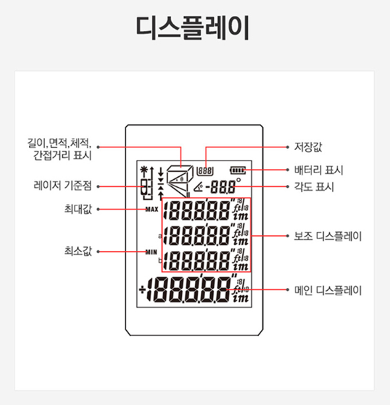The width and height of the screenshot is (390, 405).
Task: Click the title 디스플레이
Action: coord(192,27)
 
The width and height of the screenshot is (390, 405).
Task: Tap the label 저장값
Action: coord(308,147)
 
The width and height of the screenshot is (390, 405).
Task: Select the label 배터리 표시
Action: coord(319,170)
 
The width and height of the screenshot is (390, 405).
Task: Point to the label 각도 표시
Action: coord(314,186)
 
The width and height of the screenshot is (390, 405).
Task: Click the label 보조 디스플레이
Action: coord(328,236)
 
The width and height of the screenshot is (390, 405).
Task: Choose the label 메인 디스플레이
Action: coord(328,290)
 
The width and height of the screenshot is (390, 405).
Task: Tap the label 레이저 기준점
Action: coord(63,186)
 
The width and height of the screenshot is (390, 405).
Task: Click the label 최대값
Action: coord(78,209)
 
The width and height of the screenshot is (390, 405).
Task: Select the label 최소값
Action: coord(78,251)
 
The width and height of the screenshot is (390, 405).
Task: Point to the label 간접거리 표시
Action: coord(63,155)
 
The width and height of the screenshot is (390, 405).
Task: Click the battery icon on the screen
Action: coord(238,170)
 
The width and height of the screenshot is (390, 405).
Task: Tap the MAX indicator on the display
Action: coord(152,209)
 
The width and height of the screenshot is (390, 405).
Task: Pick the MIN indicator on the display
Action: coord(151,252)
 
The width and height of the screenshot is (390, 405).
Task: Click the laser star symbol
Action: coord(143,170)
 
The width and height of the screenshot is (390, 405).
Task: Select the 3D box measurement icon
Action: coord(180,180)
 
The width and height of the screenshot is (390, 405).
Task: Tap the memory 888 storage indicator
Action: coord(206,171)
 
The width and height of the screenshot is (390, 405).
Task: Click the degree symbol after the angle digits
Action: coord(238,180)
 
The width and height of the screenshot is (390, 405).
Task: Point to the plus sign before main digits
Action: coord(142,290)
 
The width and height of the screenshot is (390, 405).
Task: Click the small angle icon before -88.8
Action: coord(199,186)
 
